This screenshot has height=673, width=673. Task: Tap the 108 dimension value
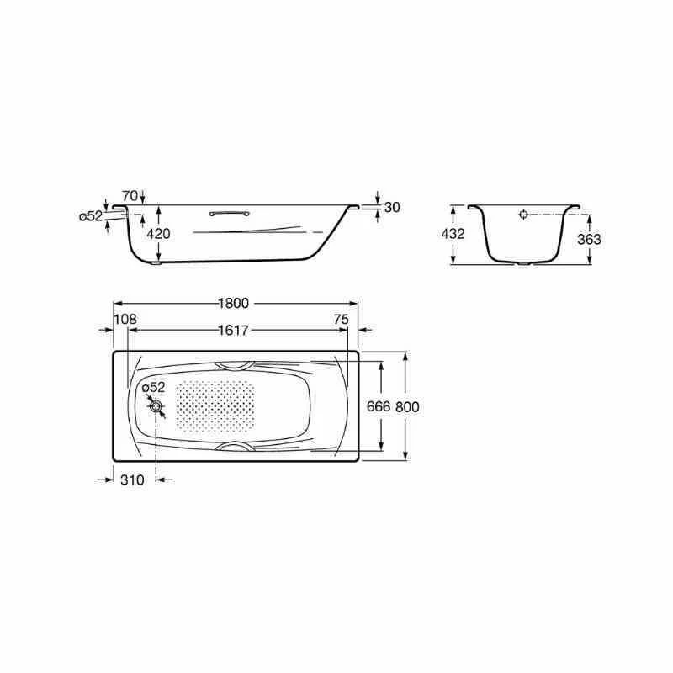pyautogui.click(x=125, y=319)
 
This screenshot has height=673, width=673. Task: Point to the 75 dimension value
pyautogui.click(x=340, y=319)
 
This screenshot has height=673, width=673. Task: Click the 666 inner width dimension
pyautogui.click(x=379, y=406)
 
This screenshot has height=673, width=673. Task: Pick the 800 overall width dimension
pyautogui.click(x=407, y=406)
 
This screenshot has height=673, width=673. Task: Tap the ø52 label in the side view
pyautogui.click(x=90, y=216)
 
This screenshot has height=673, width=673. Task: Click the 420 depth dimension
pyautogui.click(x=159, y=234)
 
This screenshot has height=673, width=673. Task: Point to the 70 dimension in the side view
pyautogui.click(x=129, y=194)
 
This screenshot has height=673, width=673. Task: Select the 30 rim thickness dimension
pyautogui.click(x=391, y=207)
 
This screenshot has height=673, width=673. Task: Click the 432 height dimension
pyautogui.click(x=453, y=234)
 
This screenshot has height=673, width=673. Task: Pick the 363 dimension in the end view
pyautogui.click(x=590, y=239)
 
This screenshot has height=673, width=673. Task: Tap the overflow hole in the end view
pyautogui.click(x=523, y=215)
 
